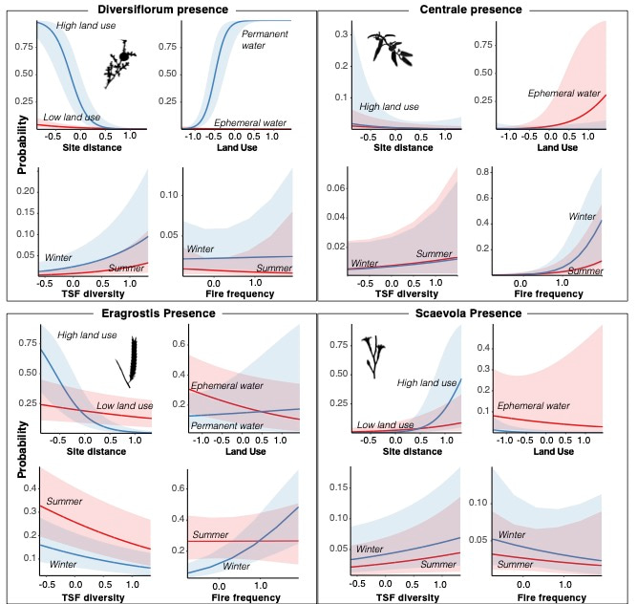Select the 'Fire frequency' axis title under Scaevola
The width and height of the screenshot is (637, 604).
pyautogui.click(x=554, y=597)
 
